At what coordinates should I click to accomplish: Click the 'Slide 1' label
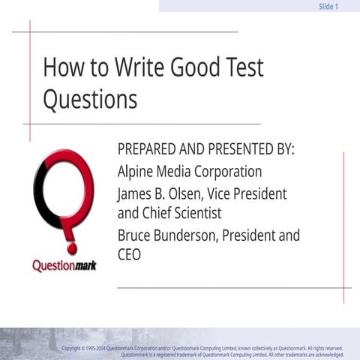pos(328,6)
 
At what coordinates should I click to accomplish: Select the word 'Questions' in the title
pos(90,99)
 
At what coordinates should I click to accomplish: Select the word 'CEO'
pos(130,255)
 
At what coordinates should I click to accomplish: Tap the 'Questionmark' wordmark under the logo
pos(64,265)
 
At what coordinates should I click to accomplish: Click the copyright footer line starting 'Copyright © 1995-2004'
pos(202,349)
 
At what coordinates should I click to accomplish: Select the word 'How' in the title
pos(58,67)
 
